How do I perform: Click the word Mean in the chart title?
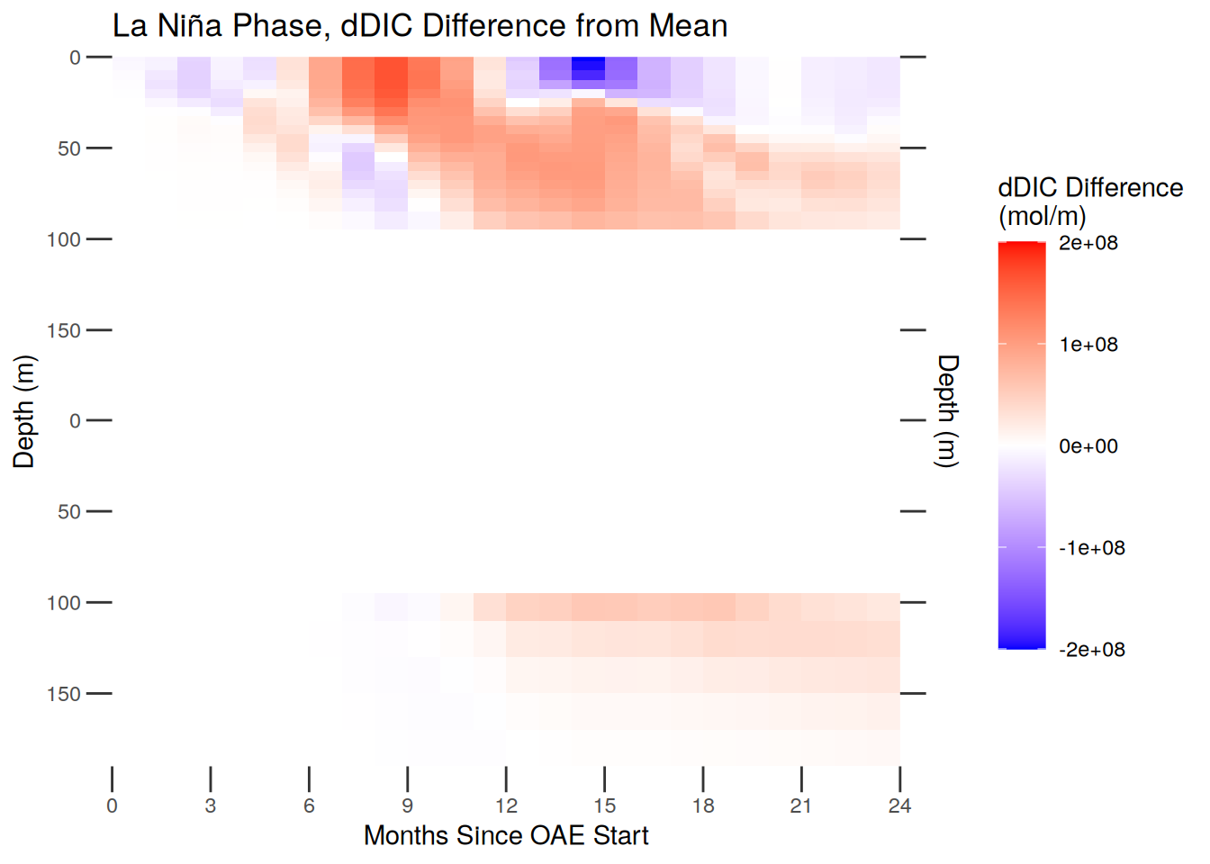(x=688, y=25)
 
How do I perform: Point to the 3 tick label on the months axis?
(x=210, y=806)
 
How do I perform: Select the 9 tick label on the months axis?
(x=407, y=806)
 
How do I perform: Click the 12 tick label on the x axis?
(x=506, y=806)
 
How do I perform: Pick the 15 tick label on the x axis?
(x=604, y=806)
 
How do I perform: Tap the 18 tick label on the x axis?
(x=703, y=806)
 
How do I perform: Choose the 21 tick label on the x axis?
(x=801, y=806)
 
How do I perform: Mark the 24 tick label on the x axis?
(x=899, y=806)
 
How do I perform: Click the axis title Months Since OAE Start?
(x=506, y=835)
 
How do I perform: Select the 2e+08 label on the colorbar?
(x=1088, y=243)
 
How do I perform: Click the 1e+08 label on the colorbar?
(x=1088, y=345)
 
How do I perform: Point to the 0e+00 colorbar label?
(x=1088, y=446)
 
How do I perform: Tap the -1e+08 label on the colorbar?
(x=1091, y=548)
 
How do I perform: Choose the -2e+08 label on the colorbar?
(x=1091, y=650)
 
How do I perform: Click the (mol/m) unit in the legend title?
(x=1042, y=216)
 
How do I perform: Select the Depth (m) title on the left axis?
(x=23, y=411)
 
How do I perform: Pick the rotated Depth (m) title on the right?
(x=947, y=411)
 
